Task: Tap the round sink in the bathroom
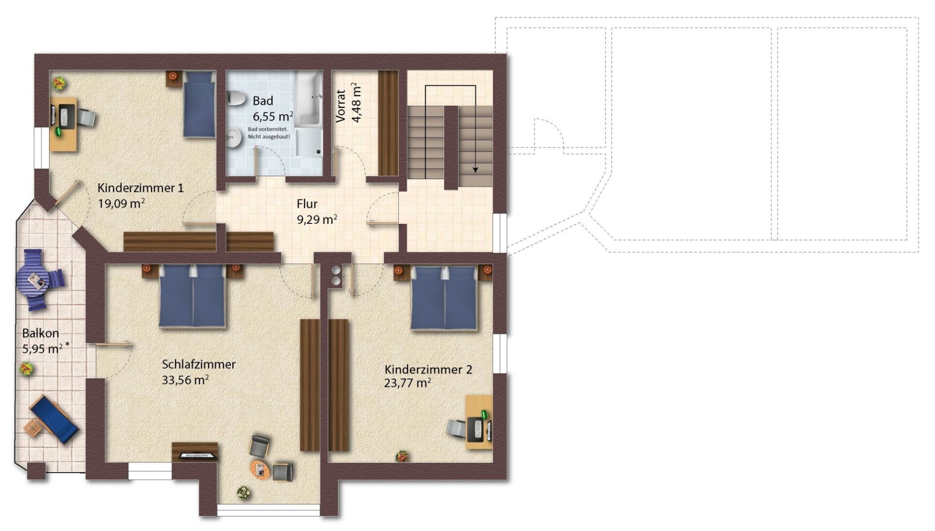click(x=235, y=137)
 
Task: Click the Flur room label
click(x=307, y=204)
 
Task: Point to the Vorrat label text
click(x=341, y=106)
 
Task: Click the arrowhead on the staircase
click(x=475, y=169)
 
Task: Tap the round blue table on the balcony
click(x=32, y=279)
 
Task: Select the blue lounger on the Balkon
click(x=54, y=419)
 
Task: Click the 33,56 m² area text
click(x=186, y=380)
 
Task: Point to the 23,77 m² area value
click(x=408, y=383)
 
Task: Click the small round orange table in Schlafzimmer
click(x=260, y=470)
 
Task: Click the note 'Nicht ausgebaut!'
click(x=269, y=137)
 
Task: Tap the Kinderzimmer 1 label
click(x=141, y=188)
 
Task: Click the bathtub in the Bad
click(x=309, y=97)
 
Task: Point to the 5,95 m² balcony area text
click(x=46, y=348)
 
